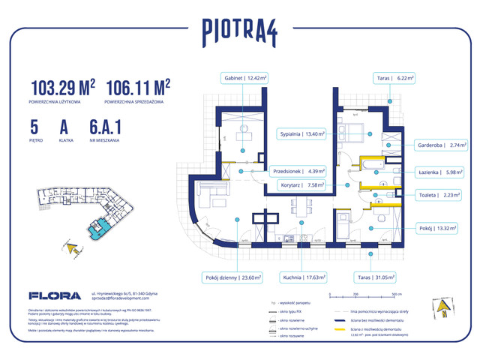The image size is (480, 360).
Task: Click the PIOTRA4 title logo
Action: coord(240,31)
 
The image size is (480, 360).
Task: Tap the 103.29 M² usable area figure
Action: coord(63,87)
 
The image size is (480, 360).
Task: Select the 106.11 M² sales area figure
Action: coord(138,87)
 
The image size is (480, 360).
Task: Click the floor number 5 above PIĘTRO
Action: coord(35,126)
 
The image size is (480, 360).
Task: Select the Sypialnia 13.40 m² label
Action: coord(301,135)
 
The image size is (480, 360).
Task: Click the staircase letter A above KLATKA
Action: coord(81,126)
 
